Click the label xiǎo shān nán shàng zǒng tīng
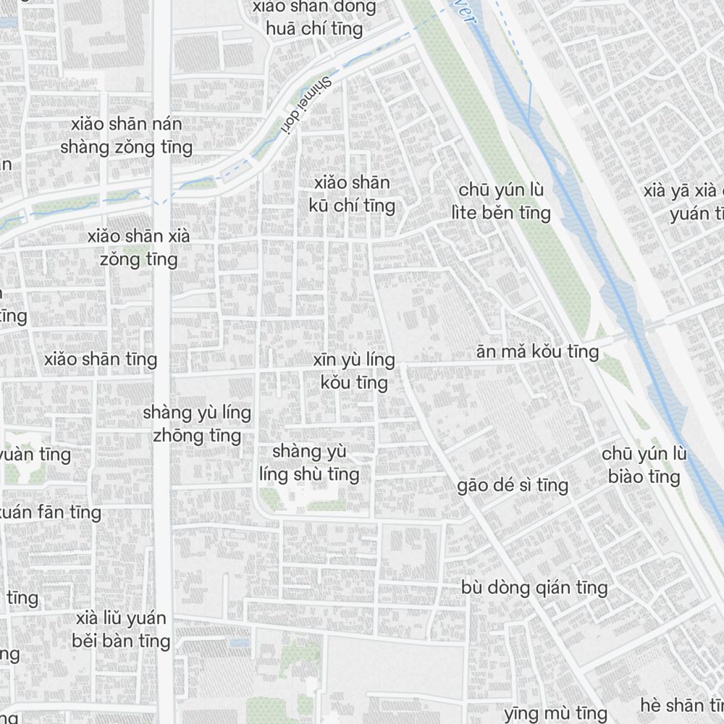click(x=127, y=136)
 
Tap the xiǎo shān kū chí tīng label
click(x=352, y=194)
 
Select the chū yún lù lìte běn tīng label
click(x=501, y=201)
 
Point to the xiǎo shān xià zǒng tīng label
click(x=139, y=248)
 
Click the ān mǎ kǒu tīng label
click(x=537, y=352)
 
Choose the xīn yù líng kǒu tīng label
click(x=354, y=371)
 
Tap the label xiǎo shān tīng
click(x=101, y=359)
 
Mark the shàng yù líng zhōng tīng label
click(x=197, y=424)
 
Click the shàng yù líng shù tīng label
click(x=309, y=463)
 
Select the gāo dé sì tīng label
click(x=513, y=485)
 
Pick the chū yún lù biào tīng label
click(x=644, y=466)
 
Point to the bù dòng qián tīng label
click(x=534, y=587)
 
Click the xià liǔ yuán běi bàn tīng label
click(x=121, y=630)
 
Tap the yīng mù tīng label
click(x=555, y=713)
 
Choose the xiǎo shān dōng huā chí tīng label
click(x=314, y=19)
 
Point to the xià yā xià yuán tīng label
click(x=684, y=203)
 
